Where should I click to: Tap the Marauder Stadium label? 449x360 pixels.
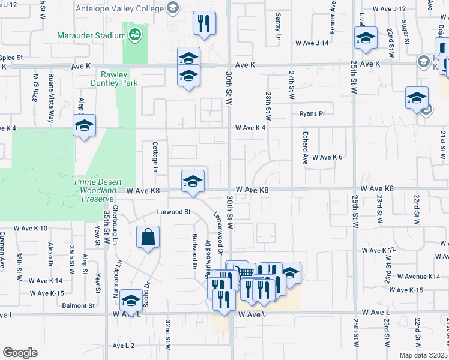coord(90,35)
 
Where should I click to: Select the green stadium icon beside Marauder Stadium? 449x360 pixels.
coord(134,34)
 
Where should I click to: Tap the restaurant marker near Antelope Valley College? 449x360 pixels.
coord(204,24)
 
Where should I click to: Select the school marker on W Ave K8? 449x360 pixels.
coord(193,181)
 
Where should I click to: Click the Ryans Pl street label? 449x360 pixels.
coord(312,113)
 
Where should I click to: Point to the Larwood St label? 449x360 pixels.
coord(173,212)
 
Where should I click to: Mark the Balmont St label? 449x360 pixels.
coord(79,305)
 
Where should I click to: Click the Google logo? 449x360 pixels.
coord(20,352)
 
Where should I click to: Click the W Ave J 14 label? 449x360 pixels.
coord(312,43)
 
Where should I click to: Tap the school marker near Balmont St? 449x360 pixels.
coord(131,301)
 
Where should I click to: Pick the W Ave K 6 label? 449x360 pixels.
coord(327,157)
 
